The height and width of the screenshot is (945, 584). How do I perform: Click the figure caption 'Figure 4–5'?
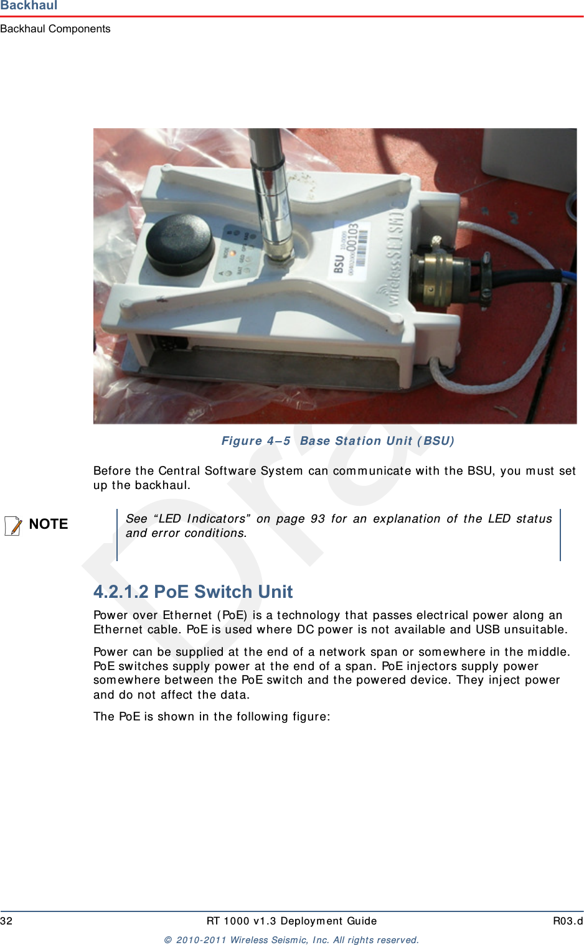coord(256,440)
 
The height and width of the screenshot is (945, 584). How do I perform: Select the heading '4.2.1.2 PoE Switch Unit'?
coord(193,591)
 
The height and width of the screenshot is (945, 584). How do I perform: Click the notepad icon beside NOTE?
coord(13,525)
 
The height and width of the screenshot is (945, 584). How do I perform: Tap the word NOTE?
coord(49,524)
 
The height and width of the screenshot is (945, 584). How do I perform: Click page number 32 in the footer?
coord(6,921)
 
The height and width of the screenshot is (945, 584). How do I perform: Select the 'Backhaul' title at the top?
coord(29,6)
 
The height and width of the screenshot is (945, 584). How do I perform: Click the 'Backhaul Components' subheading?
coord(55,29)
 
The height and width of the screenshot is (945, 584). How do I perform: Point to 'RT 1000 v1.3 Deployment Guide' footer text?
coord(291,921)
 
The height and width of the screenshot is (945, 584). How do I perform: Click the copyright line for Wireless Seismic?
coord(291,939)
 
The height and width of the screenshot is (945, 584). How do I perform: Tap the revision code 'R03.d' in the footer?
coord(567,921)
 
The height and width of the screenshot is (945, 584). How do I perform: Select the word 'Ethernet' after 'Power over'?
coord(187,615)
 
